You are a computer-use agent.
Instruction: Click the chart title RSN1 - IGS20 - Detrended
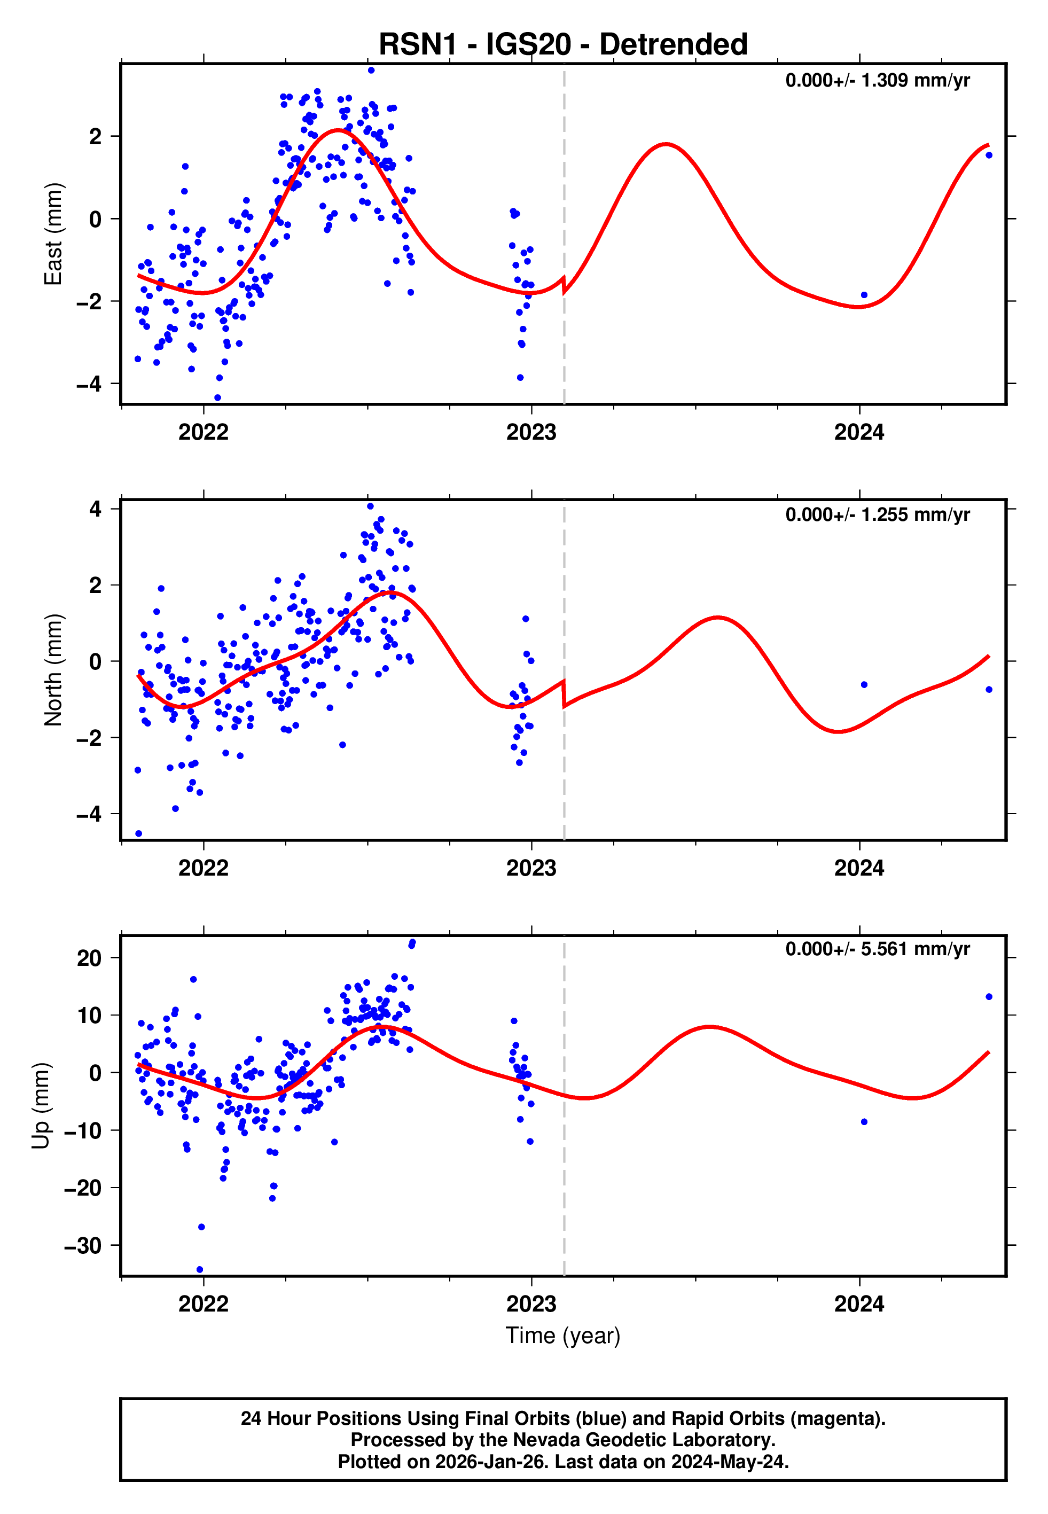pos(563,45)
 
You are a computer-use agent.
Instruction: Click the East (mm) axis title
pos(53,234)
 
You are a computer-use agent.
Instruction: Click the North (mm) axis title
pos(53,670)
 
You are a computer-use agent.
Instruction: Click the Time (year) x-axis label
pos(563,1336)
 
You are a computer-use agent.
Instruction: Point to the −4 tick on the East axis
pos(89,384)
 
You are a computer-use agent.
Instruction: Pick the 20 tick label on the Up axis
pos(89,958)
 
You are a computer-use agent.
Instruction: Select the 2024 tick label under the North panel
pos(859,869)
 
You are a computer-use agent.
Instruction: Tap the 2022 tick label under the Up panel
pos(204,1304)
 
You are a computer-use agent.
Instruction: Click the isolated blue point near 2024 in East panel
pos(864,295)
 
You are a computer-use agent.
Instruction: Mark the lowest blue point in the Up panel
pos(200,1270)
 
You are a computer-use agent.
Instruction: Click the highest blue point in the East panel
pos(371,70)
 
